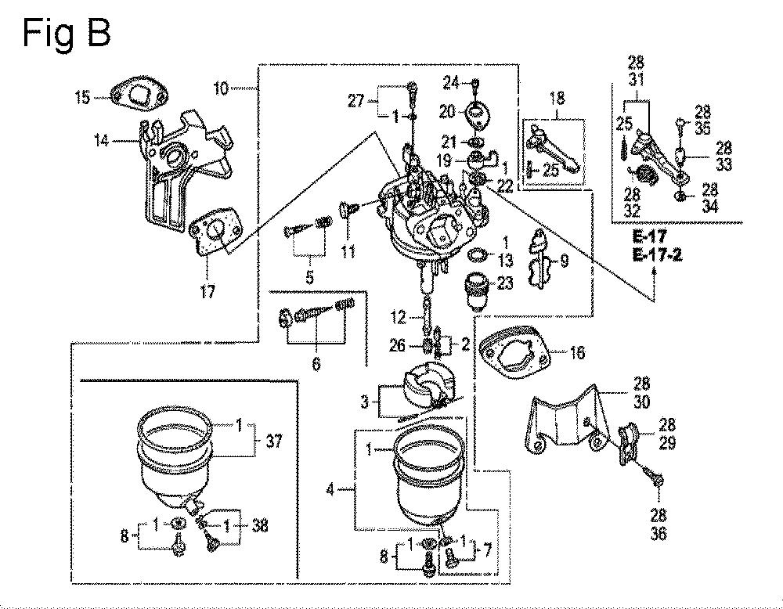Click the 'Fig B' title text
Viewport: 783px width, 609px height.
pyautogui.click(x=67, y=33)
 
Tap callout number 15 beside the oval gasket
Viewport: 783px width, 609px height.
pyautogui.click(x=83, y=97)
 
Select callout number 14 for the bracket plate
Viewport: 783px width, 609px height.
pyautogui.click(x=101, y=140)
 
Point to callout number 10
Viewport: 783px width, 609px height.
pyautogui.click(x=221, y=89)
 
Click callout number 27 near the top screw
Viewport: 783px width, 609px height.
pyautogui.click(x=356, y=101)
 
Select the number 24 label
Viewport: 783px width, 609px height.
pyautogui.click(x=452, y=83)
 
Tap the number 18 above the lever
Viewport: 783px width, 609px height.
pyautogui.click(x=557, y=99)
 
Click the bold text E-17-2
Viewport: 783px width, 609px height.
pyautogui.click(x=657, y=255)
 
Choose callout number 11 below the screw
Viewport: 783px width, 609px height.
pyautogui.click(x=348, y=250)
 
